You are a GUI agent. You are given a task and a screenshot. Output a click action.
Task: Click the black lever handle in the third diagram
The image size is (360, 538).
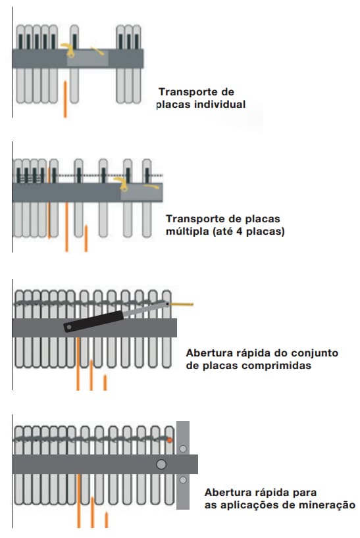coord(93,322)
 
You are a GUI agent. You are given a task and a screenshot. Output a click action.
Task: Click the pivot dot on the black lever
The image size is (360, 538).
coord(69,328)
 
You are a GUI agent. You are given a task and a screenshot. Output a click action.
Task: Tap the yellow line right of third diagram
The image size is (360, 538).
coord(182,304)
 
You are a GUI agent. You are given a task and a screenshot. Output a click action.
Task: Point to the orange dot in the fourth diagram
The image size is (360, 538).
coord(170,440)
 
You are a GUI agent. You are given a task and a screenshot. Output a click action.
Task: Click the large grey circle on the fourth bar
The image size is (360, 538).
coord(161,464)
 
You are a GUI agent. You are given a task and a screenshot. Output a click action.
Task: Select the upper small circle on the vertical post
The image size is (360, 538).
coord(183,449)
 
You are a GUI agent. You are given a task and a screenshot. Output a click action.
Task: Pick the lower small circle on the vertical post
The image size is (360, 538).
coord(183,480)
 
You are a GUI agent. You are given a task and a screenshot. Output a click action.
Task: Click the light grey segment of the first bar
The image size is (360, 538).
coord(88,59)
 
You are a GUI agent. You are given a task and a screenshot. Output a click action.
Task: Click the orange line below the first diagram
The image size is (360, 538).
coord(65,99)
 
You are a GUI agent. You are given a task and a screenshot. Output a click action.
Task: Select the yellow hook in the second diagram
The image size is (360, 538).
coord(122,183)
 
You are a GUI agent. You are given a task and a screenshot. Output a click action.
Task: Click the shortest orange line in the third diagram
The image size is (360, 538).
coord(105,383)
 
